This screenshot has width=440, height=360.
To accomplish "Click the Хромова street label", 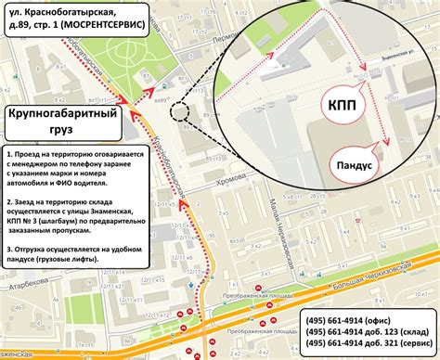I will tap(229, 184).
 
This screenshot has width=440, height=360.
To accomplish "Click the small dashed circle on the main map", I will tap(179, 112).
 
